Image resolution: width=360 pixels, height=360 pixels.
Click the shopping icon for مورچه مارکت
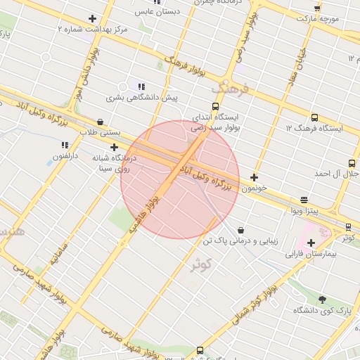point(317,8)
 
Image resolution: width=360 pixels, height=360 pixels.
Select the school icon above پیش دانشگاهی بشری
point(141,86)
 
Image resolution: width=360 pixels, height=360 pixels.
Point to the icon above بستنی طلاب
point(100,121)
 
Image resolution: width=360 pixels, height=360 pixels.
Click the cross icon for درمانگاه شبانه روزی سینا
point(115,147)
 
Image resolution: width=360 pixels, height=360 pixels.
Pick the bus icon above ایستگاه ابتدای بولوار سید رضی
point(216,106)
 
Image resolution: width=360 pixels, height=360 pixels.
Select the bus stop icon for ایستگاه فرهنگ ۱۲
point(314,118)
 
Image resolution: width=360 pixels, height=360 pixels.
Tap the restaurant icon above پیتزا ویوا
point(304,200)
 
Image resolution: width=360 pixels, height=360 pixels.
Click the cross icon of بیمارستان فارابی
point(311,243)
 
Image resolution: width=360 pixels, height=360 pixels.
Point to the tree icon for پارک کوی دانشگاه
point(323,300)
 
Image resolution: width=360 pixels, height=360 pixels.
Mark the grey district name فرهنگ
point(230,89)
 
